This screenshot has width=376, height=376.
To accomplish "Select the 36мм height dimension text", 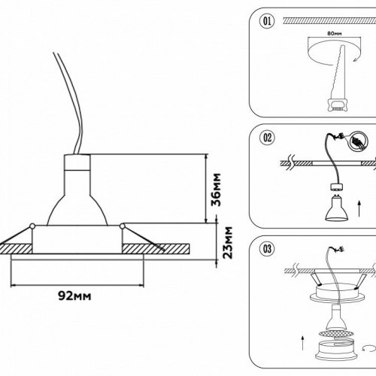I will [x=215, y=189].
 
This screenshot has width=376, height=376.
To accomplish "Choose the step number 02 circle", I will [x=265, y=138].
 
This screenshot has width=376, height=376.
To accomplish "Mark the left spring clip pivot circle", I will [x=33, y=226].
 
